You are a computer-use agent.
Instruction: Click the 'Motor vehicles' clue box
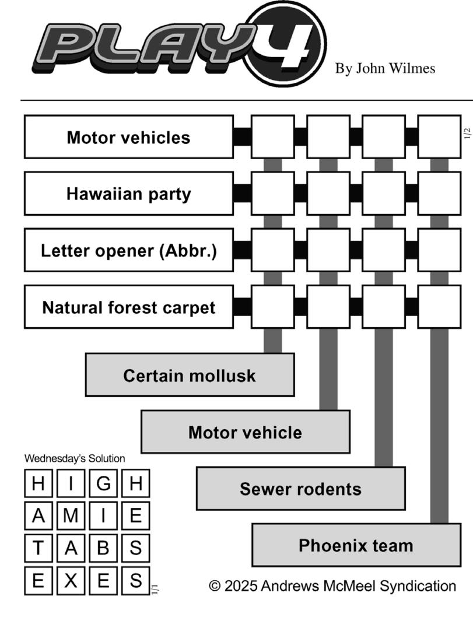click(128, 138)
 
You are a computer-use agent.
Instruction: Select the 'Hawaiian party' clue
click(128, 194)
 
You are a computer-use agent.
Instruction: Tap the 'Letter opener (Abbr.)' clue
click(128, 251)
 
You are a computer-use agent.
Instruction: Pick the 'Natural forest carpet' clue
click(128, 307)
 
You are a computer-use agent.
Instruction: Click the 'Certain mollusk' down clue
click(190, 376)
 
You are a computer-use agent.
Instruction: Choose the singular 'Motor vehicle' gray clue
click(245, 432)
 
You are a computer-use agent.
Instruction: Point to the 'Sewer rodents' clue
click(300, 489)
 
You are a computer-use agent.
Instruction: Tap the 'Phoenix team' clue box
click(356, 545)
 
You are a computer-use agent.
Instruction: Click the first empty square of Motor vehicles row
click(272, 137)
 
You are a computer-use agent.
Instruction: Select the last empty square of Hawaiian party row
click(439, 194)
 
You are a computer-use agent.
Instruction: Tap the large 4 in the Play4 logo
click(286, 44)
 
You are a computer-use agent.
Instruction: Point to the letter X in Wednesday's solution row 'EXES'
click(71, 581)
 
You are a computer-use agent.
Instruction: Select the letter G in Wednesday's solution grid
click(103, 483)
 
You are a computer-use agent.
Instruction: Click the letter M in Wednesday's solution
click(71, 516)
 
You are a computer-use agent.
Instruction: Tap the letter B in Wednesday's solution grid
click(103, 548)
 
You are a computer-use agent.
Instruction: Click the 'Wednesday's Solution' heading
click(75, 459)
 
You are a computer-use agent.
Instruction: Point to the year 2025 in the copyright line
click(240, 586)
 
